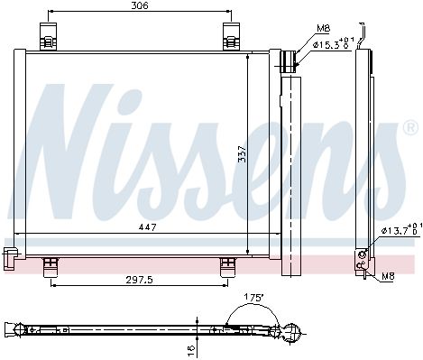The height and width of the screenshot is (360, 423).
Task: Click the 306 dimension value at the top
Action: (x=140, y=5)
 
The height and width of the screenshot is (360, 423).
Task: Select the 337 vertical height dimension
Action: (x=242, y=154)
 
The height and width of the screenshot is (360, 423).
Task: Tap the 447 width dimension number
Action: (x=147, y=227)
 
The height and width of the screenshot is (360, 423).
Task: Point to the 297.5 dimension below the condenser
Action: (x=139, y=280)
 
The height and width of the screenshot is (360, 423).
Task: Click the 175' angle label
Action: (x=253, y=298)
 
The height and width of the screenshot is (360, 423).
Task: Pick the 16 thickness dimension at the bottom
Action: (x=191, y=348)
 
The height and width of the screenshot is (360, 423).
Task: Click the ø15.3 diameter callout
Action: (x=334, y=44)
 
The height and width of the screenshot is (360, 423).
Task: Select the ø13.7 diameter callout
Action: (x=401, y=230)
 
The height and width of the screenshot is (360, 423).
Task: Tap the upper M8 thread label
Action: (x=323, y=29)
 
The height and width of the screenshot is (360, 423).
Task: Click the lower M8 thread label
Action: (x=388, y=276)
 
